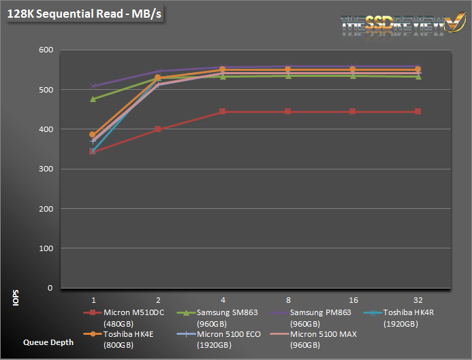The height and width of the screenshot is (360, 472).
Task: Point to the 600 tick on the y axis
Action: (45, 50)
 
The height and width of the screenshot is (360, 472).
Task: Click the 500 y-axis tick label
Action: (45, 90)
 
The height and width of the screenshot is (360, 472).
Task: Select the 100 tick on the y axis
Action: (45, 248)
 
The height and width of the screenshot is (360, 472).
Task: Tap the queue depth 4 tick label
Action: (223, 299)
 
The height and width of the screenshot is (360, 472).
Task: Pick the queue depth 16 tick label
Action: (353, 299)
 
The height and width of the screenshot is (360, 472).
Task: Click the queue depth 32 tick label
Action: (418, 299)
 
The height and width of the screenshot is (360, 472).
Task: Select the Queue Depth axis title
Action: (48, 342)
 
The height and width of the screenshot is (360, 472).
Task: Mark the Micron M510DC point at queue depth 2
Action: (158, 129)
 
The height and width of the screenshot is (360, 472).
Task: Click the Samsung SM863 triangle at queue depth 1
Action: (93, 99)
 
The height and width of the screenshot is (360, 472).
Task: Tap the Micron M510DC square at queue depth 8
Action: (288, 112)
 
